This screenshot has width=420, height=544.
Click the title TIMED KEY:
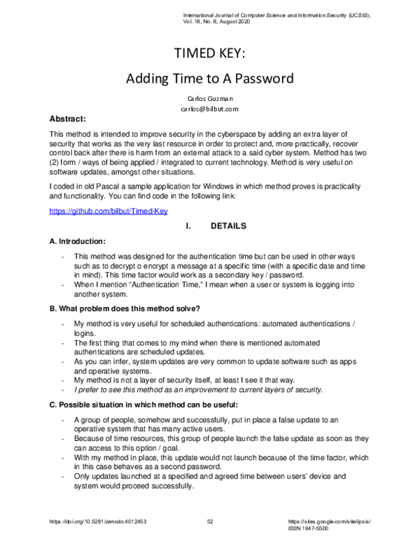210,56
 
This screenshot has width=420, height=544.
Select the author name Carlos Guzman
210,99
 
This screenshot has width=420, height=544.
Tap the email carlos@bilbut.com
210,109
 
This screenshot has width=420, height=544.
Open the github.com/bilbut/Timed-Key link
108,211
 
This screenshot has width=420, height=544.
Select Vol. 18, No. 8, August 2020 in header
217,22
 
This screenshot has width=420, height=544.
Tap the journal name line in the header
276,15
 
